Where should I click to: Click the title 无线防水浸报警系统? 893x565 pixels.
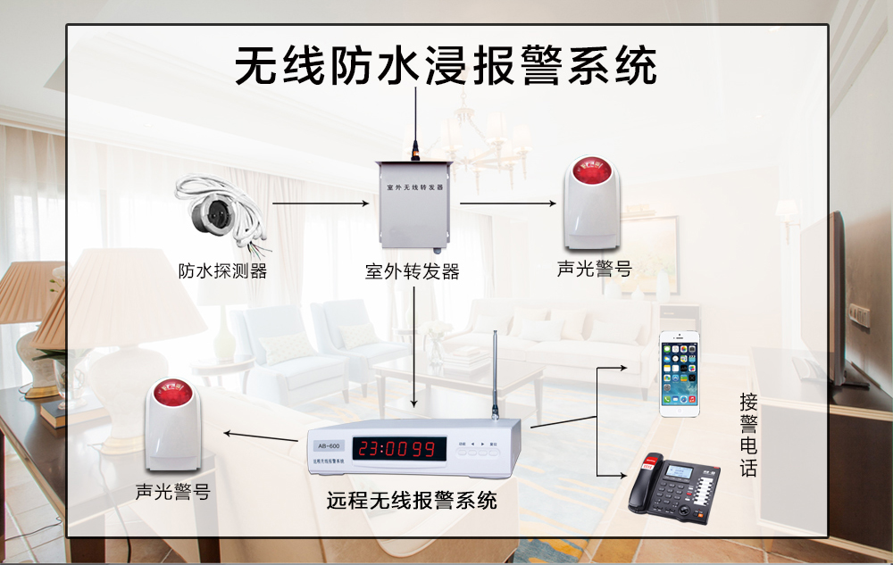[446, 66]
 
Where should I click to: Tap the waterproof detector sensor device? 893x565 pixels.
[216, 213]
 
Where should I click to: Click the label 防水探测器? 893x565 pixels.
[223, 271]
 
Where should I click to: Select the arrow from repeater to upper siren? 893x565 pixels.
[505, 204]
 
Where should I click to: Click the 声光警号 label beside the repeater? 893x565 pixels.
[595, 269]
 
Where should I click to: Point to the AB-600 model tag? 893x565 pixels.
[330, 445]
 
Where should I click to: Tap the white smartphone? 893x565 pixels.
[680, 373]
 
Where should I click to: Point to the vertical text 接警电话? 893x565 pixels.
[748, 435]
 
